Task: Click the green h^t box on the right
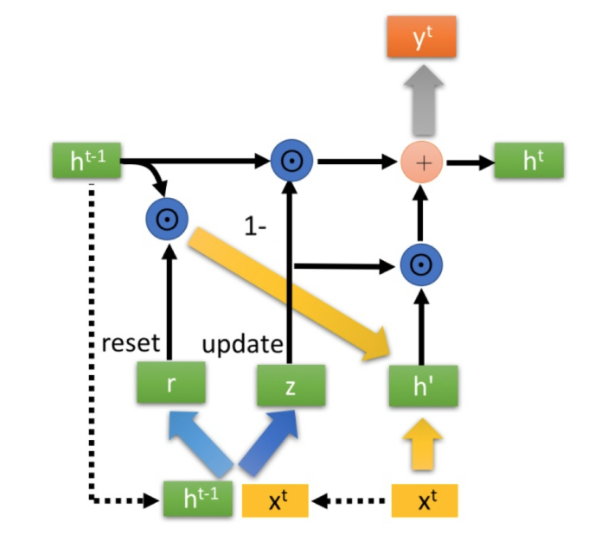(x=528, y=161)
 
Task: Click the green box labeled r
(x=170, y=385)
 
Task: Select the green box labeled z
(x=290, y=385)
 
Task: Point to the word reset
(x=130, y=343)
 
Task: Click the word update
(x=242, y=344)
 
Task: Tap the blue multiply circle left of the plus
(x=291, y=161)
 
